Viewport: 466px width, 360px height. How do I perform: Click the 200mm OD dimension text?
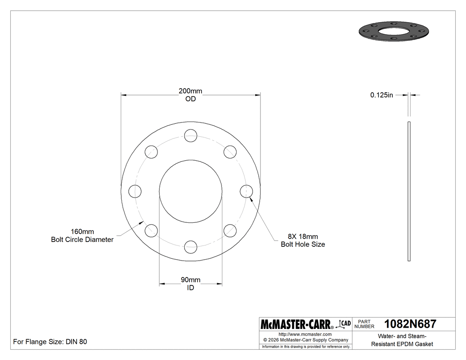coord(190,95)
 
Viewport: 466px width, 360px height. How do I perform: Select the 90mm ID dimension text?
coord(190,284)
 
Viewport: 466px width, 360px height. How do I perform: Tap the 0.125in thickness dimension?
coord(382,95)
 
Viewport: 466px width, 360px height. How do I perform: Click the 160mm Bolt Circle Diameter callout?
coord(83,236)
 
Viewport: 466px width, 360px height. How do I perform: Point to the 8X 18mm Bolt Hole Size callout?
coord(303,240)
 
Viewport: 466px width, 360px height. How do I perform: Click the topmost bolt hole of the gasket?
coord(190,135)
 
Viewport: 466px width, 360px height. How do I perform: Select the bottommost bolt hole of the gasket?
coord(190,247)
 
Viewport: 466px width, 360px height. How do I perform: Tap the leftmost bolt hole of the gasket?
coord(135,191)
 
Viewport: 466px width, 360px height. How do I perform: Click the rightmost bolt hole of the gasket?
coord(246,191)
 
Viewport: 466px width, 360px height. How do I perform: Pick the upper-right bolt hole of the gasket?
coord(230,152)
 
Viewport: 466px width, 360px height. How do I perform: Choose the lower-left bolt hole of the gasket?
coord(151,230)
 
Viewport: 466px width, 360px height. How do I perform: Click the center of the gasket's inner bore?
coord(190,191)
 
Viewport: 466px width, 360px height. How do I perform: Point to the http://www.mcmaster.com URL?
coord(305,334)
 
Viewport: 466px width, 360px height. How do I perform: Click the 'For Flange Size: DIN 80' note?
coord(50,342)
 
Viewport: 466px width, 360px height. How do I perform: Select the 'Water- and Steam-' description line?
coord(402,336)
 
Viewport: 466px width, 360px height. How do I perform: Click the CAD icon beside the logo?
coord(344,324)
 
